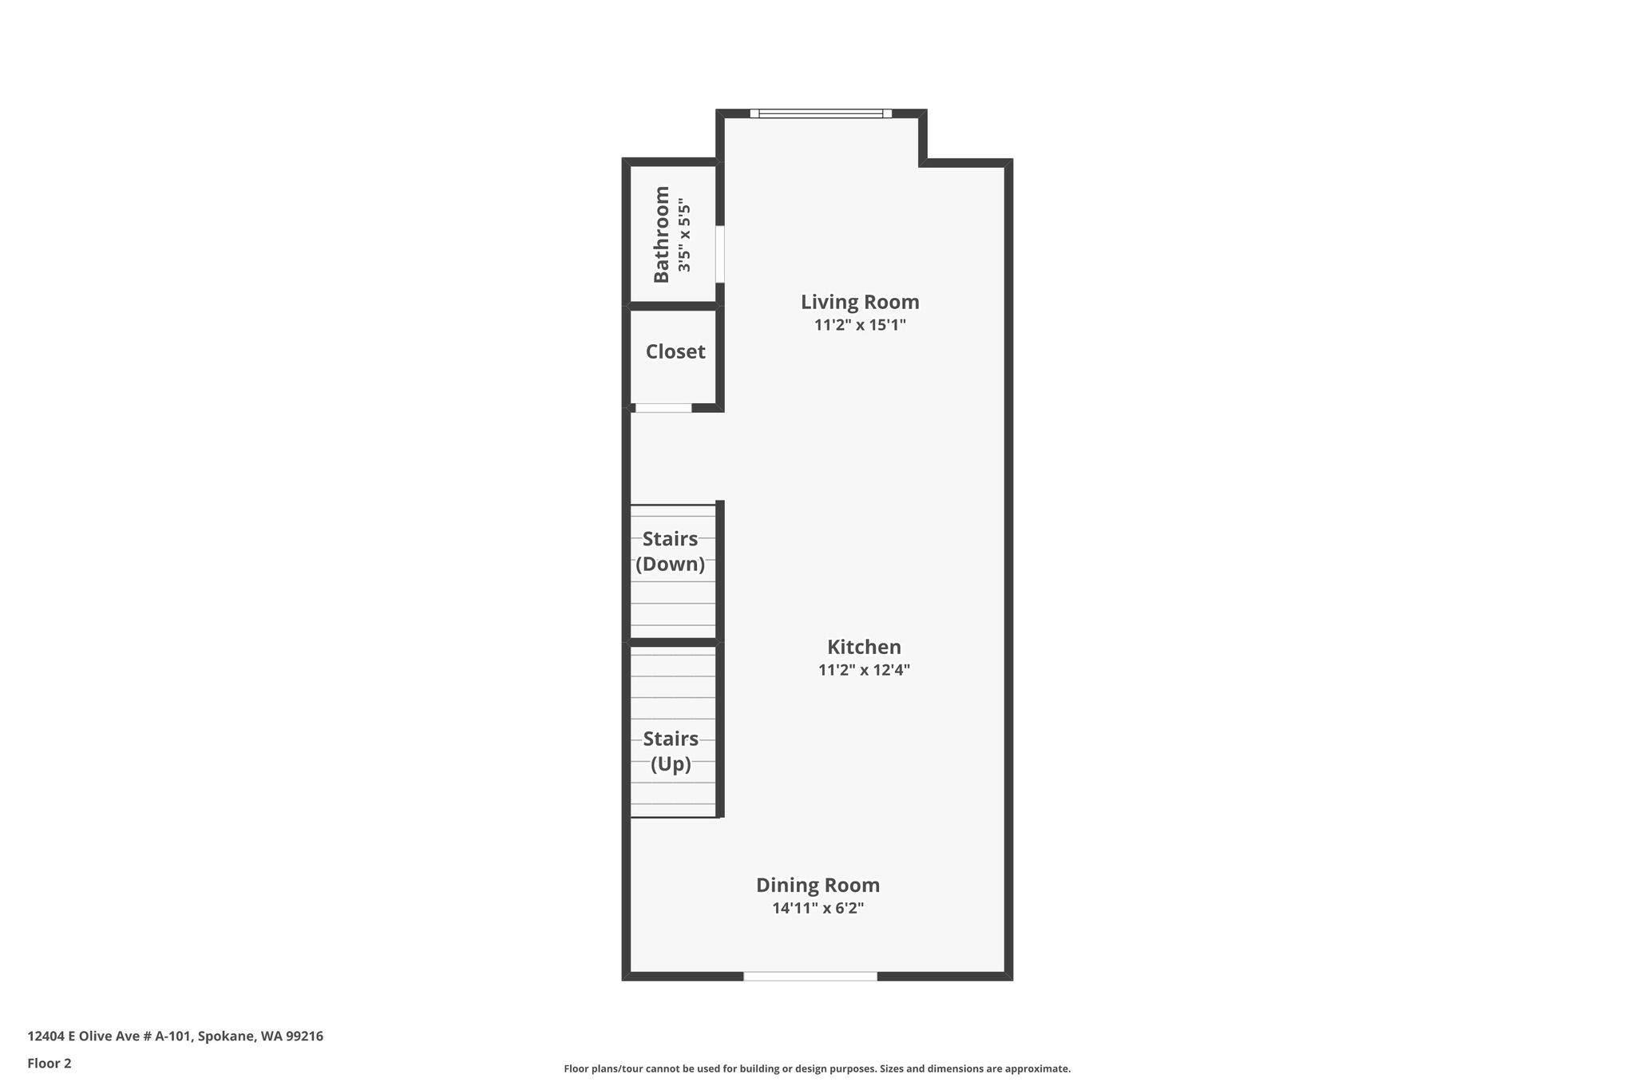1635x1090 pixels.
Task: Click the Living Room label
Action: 860,302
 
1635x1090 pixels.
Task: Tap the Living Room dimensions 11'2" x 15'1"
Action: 860,325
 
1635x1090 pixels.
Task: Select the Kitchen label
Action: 864,647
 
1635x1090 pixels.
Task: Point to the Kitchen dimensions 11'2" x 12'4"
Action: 864,670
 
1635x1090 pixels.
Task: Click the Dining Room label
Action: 817,885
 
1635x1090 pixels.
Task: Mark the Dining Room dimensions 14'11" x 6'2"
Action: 817,908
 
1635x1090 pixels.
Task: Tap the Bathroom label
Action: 661,234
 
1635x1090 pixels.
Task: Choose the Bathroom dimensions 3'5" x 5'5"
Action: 684,235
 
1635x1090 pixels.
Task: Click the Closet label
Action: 675,351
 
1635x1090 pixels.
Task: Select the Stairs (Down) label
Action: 671,552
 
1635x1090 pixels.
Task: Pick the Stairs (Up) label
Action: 671,751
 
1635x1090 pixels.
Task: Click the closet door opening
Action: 663,408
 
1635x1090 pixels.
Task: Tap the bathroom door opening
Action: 719,254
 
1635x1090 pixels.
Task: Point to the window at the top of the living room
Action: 821,113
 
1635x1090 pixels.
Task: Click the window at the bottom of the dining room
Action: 810,976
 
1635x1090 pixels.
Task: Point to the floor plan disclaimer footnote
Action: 817,1068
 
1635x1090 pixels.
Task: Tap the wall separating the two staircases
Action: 673,642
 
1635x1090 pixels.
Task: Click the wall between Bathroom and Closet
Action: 673,306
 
